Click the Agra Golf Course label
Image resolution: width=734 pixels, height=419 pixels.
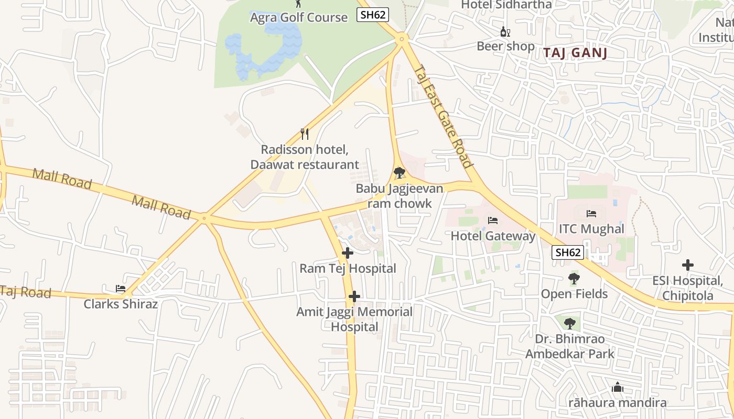(x=299, y=17)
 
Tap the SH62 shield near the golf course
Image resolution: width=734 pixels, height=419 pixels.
(x=373, y=15)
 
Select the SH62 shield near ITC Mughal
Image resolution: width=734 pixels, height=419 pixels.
(x=568, y=252)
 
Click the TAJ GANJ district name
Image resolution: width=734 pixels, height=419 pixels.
(x=575, y=53)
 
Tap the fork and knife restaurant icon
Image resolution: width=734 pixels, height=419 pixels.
(x=305, y=134)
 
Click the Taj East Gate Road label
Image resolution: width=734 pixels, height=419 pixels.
(x=443, y=116)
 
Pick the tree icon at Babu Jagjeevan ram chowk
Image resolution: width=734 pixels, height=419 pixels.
(x=399, y=172)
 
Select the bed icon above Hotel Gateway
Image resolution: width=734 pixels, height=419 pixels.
(x=493, y=220)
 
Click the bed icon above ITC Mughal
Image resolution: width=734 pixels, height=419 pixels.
(x=591, y=214)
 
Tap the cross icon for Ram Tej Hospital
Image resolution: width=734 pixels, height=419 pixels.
(x=348, y=253)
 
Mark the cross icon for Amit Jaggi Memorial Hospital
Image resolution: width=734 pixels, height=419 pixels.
(x=354, y=297)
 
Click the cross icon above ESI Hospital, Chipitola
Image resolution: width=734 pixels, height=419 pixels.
(x=688, y=265)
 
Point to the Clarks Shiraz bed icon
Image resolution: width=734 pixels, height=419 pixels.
(x=121, y=289)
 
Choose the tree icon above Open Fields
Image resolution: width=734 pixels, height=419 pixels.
(x=574, y=279)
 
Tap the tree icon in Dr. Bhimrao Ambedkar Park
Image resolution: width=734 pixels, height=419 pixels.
(x=570, y=324)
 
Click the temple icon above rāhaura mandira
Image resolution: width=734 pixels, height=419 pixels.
(x=618, y=388)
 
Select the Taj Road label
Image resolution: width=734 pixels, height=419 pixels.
(x=26, y=292)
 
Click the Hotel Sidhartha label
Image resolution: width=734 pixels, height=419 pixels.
(x=506, y=5)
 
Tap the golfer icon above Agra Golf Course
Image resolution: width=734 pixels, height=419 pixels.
(x=299, y=4)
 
